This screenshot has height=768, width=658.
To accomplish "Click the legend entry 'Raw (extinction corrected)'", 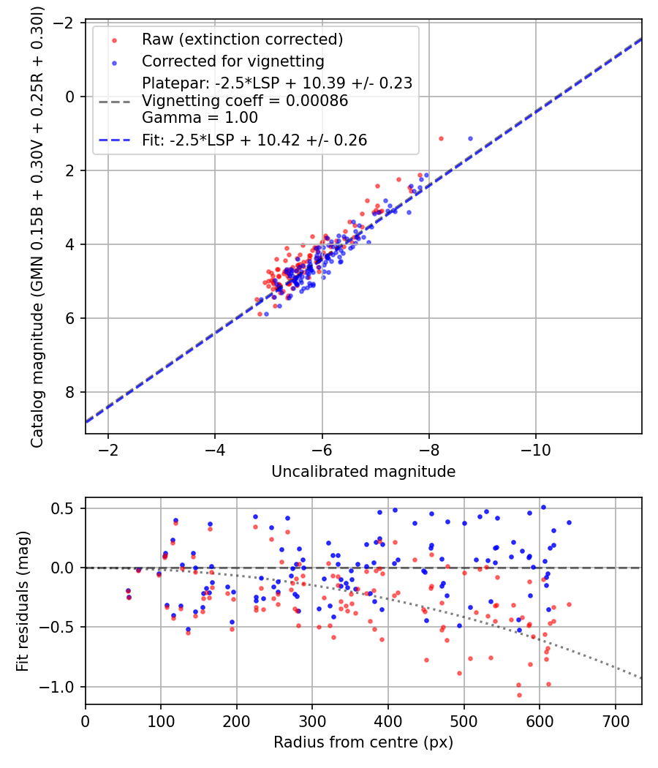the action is (242, 39).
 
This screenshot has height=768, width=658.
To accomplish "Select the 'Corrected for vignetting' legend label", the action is (233, 61).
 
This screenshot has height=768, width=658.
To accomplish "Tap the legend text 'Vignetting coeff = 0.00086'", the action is (245, 100).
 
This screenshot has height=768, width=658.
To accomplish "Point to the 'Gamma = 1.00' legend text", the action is (200, 118).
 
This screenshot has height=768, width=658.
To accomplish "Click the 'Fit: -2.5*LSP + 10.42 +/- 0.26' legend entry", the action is (254, 140).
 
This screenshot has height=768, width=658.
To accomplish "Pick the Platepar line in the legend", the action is (277, 83).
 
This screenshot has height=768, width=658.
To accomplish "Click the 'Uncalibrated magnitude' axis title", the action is (363, 471).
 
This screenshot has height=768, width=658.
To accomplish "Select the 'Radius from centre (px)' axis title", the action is (363, 742).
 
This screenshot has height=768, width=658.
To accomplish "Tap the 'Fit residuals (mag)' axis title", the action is (23, 601).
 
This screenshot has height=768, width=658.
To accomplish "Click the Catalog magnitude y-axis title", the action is (37, 227).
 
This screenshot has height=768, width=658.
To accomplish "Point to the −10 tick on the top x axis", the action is (535, 450).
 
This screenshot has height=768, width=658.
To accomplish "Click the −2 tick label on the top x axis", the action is (107, 450).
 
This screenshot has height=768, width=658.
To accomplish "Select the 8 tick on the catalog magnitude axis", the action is (70, 392).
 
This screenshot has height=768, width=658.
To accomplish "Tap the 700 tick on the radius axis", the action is (615, 721).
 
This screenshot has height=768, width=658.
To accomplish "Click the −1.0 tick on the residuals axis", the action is (59, 687).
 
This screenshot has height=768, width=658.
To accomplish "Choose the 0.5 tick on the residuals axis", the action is (61, 508).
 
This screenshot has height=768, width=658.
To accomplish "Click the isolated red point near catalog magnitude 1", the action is (441, 139).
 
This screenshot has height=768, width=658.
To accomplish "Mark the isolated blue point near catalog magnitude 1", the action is (471, 139).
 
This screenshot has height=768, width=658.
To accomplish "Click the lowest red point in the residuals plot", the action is (519, 695).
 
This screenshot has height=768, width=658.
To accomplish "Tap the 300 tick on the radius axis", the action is (312, 721).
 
